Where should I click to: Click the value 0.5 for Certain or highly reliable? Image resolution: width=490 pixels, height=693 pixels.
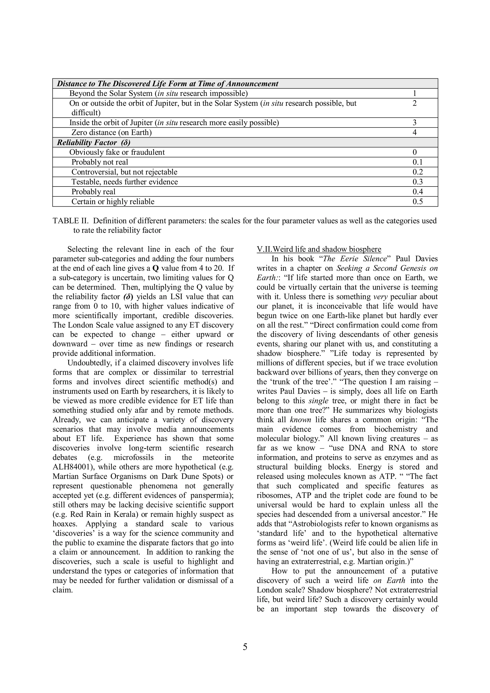pos(418,202)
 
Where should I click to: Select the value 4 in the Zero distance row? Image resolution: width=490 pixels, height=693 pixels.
pos(415,132)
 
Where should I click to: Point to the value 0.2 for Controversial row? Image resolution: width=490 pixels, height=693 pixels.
pos(418,172)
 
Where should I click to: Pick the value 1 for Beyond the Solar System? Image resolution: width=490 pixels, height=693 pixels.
pos(415,93)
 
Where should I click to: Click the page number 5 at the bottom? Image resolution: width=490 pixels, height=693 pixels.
pos(245,647)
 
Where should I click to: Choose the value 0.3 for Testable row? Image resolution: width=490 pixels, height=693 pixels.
pos(418,182)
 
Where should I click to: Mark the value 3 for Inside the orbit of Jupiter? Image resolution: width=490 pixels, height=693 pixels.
pos(415,122)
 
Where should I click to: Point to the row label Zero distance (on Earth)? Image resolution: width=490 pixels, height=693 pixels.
pos(111,132)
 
